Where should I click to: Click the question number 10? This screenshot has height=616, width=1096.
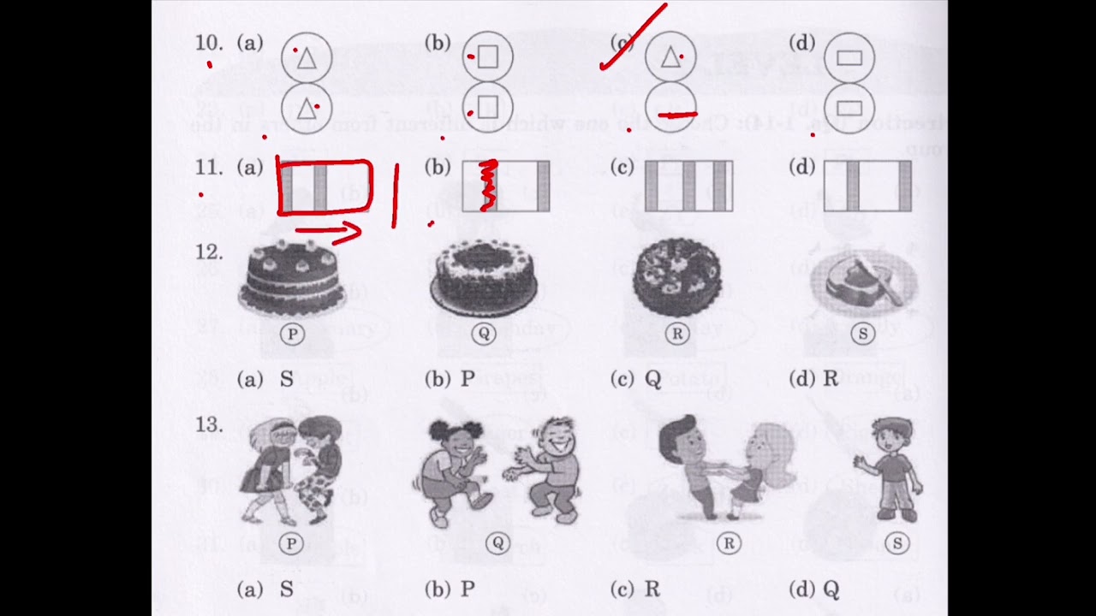[x=209, y=43]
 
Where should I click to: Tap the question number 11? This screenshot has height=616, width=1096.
[x=209, y=168]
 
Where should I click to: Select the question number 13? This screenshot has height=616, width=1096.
[x=209, y=424]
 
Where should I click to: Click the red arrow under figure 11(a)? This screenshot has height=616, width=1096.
[x=329, y=231]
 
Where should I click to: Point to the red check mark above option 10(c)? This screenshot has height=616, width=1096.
[x=634, y=38]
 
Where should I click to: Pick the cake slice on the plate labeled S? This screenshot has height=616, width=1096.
[x=863, y=282]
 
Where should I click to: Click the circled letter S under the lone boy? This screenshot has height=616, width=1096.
[x=897, y=543]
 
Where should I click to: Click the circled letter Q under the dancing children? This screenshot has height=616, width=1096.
[x=497, y=543]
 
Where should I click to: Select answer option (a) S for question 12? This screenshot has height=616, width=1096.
[x=265, y=379]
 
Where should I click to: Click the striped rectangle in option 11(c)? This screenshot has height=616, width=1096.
[x=688, y=186]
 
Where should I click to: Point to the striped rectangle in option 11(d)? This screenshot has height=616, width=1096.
[x=867, y=186]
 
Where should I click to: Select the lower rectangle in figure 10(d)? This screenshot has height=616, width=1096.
[x=849, y=108]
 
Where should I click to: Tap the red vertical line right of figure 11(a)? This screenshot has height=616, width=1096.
[x=396, y=197]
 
